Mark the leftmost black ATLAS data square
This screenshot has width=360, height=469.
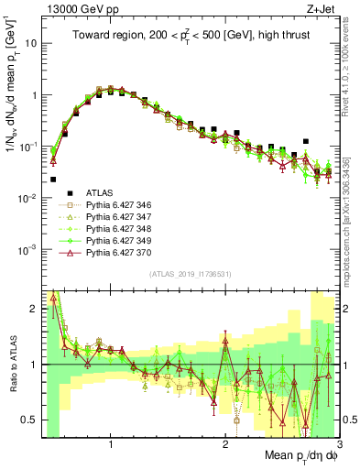pyautogui.click(x=53, y=180)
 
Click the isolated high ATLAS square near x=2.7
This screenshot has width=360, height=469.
pyautogui.click(x=306, y=142)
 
